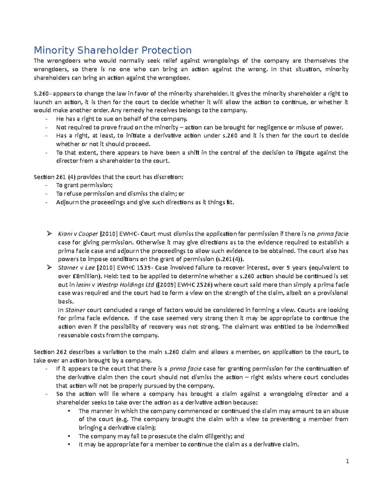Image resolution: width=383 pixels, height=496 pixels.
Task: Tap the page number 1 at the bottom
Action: coord(347,461)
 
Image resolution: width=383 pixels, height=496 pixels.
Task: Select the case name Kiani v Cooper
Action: coord(78,234)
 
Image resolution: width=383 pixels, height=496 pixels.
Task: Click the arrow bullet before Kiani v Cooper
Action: coord(49,234)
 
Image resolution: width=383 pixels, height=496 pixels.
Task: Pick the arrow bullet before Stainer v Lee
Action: coord(49,268)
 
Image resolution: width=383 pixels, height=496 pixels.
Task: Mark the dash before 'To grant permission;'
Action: coord(47,185)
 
